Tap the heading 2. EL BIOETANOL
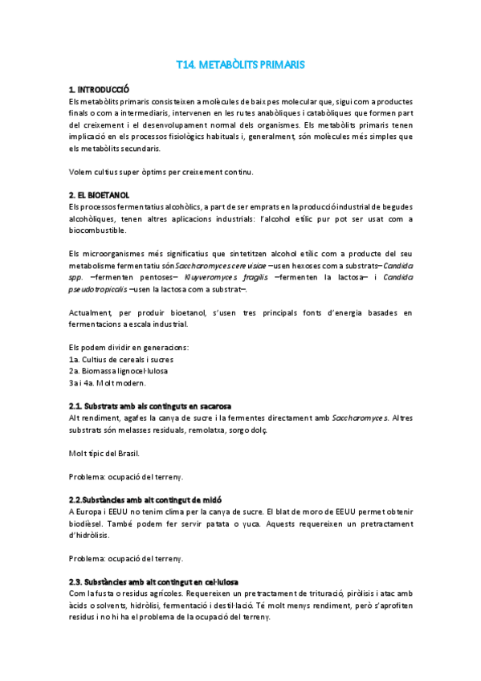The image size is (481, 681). [100, 195]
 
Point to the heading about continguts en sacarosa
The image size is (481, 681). [150, 406]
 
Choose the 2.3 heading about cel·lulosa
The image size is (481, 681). [153, 581]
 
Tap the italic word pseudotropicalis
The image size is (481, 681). [96, 289]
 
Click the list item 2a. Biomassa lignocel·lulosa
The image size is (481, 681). [117, 371]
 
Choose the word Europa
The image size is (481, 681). [93, 489]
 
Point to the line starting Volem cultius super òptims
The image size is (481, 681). [161, 172]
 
